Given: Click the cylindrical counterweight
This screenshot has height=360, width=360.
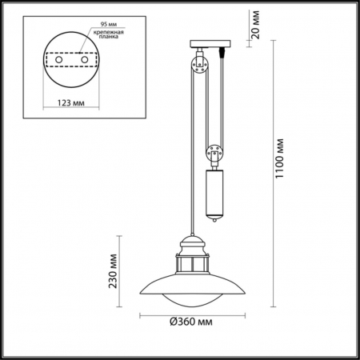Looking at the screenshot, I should pyautogui.click(x=214, y=190).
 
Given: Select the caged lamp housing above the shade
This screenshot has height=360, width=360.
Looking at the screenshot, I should pyautogui.click(x=191, y=265).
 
